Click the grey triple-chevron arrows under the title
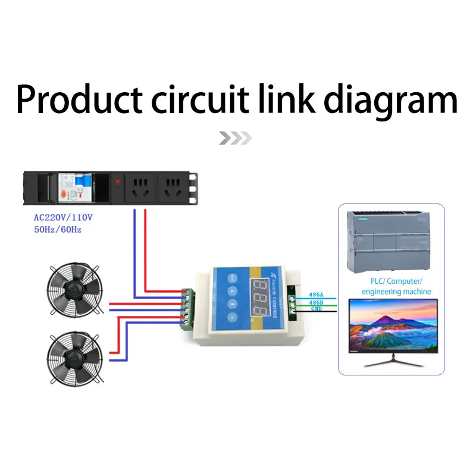(x=234, y=139)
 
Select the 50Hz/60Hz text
(x=58, y=229)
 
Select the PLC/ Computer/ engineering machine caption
(x=392, y=286)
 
